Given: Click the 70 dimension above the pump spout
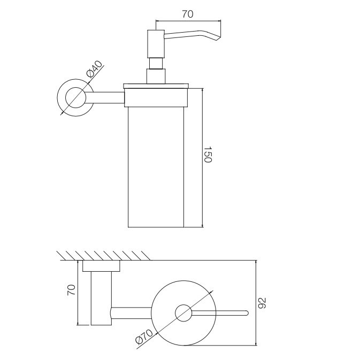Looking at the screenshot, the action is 188,14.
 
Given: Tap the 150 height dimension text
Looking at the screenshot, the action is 208,154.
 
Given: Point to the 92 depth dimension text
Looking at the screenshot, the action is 262,303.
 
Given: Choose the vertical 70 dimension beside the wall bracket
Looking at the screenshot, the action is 71,290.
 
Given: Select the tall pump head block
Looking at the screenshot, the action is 156,43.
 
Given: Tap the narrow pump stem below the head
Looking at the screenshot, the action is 156,63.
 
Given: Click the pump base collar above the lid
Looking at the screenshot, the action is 156,76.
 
